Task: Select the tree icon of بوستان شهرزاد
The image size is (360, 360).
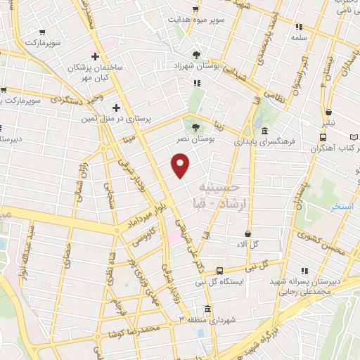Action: point(197,54)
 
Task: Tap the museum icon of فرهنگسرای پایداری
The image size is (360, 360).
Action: point(264,131)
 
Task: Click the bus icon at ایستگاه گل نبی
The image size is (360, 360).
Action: point(220,271)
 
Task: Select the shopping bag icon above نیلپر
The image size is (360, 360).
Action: point(328,112)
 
